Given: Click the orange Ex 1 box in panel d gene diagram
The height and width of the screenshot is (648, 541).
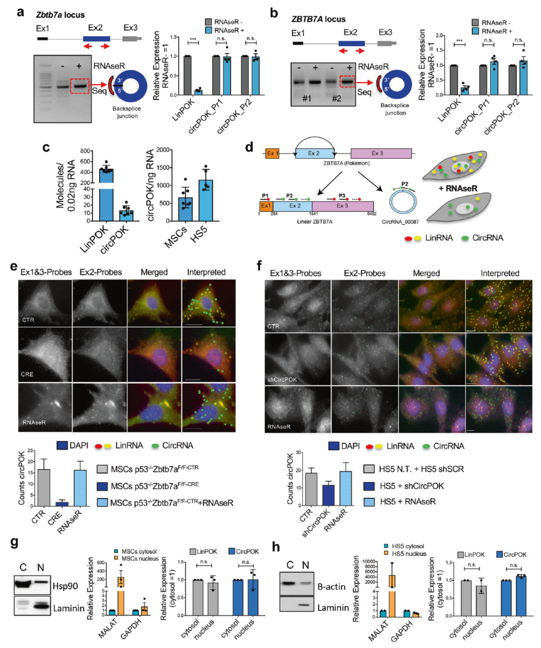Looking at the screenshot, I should click(272, 153).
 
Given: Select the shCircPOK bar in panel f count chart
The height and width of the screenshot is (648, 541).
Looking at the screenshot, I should click(328, 495).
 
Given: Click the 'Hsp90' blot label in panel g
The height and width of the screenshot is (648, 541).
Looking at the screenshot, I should click(65, 586).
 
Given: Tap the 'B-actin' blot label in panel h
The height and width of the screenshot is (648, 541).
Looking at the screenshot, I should click(331, 587).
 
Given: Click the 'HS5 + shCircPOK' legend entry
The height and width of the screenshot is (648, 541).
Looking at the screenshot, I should click(411, 486).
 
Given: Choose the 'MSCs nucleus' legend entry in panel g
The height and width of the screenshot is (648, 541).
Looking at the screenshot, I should click(140, 558).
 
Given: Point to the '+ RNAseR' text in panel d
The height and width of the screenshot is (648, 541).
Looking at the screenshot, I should click(458, 188).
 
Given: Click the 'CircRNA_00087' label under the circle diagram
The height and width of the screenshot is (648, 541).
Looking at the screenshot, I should click(400, 222).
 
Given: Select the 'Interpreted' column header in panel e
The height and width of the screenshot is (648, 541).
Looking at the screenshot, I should click(206, 272).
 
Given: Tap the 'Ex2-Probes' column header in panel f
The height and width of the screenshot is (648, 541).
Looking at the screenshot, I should click(364, 273).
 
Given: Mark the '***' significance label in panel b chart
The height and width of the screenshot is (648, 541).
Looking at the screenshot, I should click(459, 41).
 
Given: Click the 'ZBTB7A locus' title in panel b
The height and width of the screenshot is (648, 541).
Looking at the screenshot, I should click(318, 19).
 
